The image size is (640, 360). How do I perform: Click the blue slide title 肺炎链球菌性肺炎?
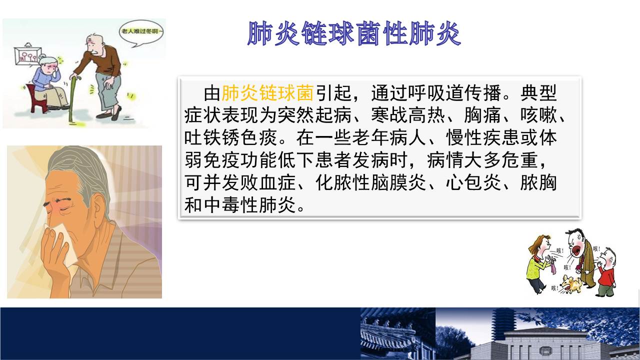click(354, 33)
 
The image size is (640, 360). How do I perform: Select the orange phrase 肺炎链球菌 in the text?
click(267, 93)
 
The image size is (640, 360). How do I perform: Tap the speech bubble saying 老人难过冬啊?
click(141, 32)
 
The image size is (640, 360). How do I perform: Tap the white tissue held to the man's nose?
click(65, 243)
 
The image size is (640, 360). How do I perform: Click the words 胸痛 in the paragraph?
click(482, 115)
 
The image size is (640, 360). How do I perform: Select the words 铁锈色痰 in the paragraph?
click(240, 137)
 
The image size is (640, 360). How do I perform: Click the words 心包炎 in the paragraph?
click(473, 182)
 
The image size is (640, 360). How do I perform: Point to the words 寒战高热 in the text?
click(408, 115)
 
